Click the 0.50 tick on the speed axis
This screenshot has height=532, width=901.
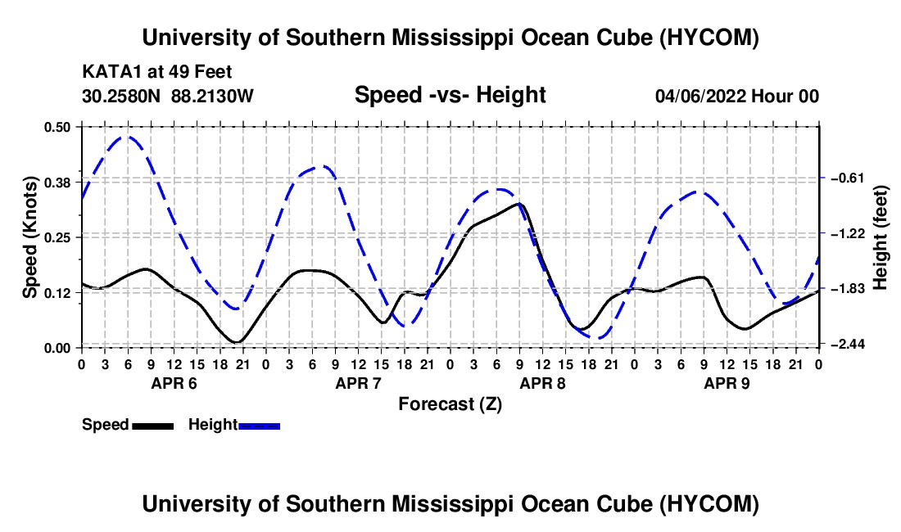pos(57,127)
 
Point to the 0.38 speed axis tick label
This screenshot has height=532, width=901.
pos(57,183)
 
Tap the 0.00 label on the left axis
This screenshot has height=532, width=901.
pos(57,348)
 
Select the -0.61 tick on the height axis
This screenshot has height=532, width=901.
pos(848,178)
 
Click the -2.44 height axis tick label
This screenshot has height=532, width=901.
pos(848,344)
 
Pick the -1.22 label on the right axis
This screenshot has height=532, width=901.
pos(848,233)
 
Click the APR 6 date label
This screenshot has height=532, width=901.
pos(174,383)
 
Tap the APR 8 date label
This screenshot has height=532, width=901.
pos(542,383)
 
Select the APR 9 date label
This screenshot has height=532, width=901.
pos(727,383)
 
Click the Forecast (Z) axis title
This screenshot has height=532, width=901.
pos(450,404)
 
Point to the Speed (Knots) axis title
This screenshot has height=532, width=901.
pos(29,237)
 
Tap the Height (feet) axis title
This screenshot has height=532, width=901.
pos(880,237)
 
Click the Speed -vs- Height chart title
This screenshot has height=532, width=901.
pos(450,95)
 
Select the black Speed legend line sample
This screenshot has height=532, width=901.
pos(153,426)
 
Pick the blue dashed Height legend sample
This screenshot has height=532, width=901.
pos(259,426)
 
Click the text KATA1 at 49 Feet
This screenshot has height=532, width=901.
pos(157,72)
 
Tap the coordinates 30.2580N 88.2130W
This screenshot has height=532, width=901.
pos(167,96)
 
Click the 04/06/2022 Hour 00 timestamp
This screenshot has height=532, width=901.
pos(737,96)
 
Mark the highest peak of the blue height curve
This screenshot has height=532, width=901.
pos(128,137)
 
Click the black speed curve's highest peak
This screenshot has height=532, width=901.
pos(519,203)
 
